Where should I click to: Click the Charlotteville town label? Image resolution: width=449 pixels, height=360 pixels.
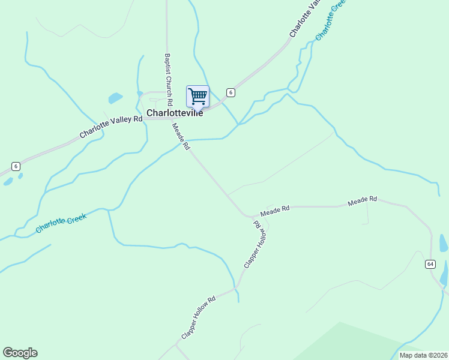click(175, 112)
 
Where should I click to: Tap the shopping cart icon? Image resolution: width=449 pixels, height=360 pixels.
click(197, 96)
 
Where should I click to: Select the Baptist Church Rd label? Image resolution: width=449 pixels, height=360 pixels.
click(169, 78)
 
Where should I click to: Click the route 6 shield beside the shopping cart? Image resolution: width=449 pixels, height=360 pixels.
click(231, 92)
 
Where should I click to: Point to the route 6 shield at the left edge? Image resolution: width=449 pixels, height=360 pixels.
click(16, 166)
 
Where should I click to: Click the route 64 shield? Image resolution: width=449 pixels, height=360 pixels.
click(430, 264)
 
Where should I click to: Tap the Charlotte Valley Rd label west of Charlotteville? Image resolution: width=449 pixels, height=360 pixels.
click(111, 127)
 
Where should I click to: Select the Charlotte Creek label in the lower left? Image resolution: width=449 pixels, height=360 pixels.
click(61, 223)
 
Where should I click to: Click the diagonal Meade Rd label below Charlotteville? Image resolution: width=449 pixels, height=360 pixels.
click(181, 136)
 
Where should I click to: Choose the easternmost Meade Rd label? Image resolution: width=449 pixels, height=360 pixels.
click(363, 202)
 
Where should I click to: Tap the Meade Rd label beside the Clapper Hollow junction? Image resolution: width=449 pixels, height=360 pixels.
click(275, 211)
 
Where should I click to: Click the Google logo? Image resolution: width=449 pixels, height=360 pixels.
click(20, 353)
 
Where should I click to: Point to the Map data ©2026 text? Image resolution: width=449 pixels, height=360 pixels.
click(423, 355)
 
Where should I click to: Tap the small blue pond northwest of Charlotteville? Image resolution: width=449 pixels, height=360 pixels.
click(115, 98)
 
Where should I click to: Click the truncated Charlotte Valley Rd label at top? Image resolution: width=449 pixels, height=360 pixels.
click(303, 23)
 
